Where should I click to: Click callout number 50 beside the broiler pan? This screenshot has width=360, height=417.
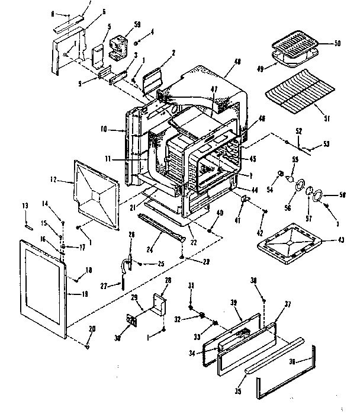point(338,43)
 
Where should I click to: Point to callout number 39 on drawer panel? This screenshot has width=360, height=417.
point(233,302)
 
